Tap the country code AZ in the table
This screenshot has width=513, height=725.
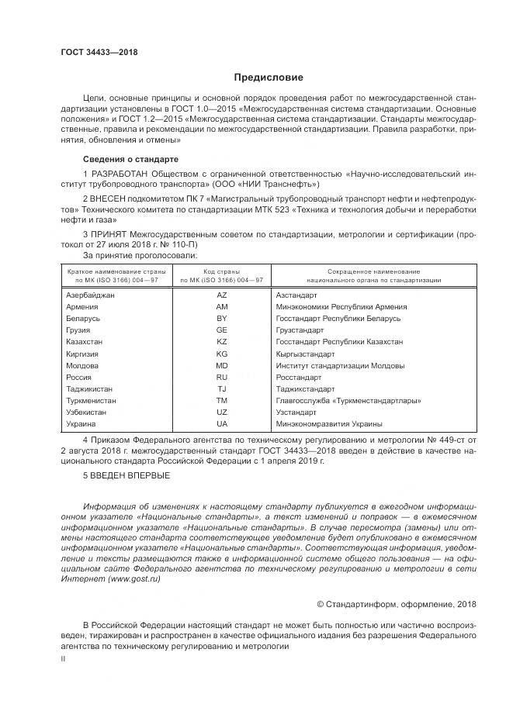[x=221, y=295]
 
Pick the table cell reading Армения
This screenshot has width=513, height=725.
[x=83, y=307]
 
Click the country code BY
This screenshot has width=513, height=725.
[x=221, y=319]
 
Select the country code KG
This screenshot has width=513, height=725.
[x=221, y=354]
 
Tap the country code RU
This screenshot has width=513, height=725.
[x=221, y=377]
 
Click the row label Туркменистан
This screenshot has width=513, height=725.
[x=92, y=401]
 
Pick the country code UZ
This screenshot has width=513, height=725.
[x=221, y=413]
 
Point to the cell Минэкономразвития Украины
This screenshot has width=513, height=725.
[x=329, y=424]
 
